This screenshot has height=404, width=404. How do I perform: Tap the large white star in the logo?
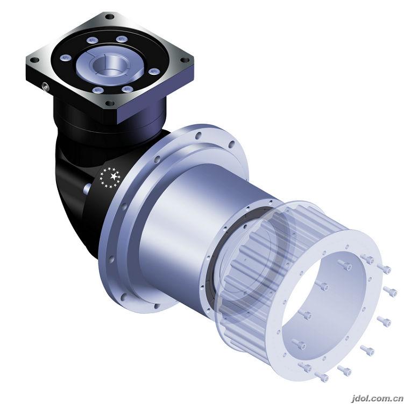(x=113, y=176)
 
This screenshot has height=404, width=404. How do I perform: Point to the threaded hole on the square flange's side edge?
(x=45, y=86)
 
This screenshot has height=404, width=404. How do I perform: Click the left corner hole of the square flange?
(x=34, y=60)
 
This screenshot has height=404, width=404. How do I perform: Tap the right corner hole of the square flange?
(x=185, y=60)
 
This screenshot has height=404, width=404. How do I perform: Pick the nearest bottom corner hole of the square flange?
(x=110, y=104)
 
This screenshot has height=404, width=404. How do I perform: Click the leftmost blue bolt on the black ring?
(x=66, y=58)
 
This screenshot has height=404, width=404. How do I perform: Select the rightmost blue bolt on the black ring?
(x=154, y=72)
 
